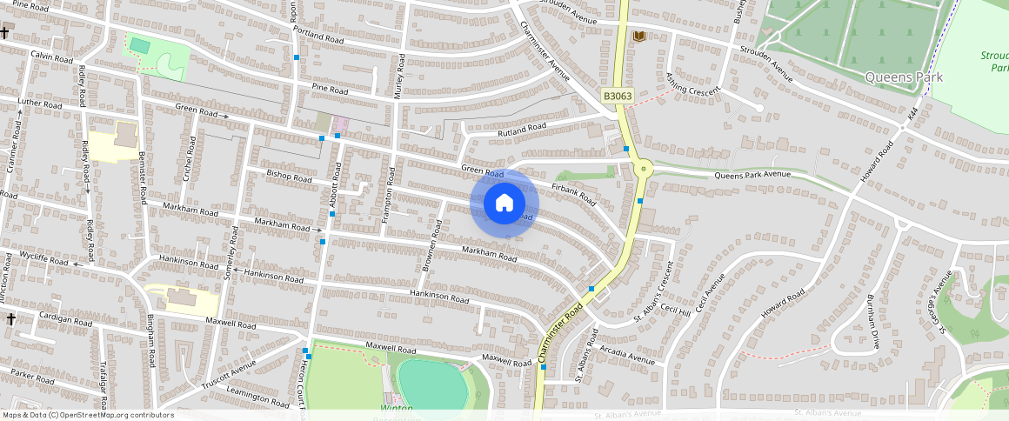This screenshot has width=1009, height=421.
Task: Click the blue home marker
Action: click(x=504, y=204)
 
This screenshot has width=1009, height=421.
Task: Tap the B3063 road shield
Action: click(x=616, y=93)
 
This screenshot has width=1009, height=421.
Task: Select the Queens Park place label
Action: click(x=905, y=77)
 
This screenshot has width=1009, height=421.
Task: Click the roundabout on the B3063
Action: click(x=644, y=168)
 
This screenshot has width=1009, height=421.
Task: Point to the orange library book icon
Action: click(x=640, y=36)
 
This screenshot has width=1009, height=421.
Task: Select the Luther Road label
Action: click(x=39, y=104)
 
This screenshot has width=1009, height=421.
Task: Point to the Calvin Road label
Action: click(x=51, y=57)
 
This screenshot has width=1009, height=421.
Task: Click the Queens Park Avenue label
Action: click(x=752, y=175)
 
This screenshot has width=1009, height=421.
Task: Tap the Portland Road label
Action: click(x=319, y=38)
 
